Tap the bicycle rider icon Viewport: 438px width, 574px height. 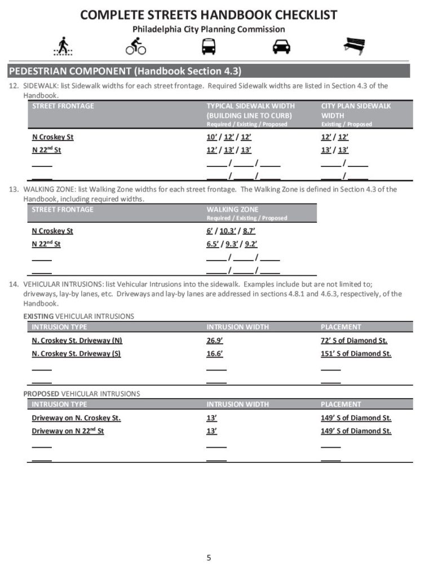135,46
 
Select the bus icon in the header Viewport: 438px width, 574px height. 209,46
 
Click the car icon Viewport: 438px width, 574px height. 281,46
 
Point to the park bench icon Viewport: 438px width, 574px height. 354,46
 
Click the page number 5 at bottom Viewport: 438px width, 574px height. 209,558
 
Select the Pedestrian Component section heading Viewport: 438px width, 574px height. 125,71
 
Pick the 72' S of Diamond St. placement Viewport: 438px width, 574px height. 354,341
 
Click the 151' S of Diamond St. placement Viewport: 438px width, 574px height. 356,354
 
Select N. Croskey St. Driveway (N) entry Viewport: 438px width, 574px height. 77,341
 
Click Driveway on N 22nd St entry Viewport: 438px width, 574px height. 68,431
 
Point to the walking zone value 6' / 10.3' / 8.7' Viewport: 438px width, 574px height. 231,231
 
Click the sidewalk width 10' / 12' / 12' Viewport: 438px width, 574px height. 229,137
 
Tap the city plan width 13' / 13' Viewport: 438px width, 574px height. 335,151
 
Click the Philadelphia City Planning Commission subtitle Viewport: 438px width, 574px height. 209,29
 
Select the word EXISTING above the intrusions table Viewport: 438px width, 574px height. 38,316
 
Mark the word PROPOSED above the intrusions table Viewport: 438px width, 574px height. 41,394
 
